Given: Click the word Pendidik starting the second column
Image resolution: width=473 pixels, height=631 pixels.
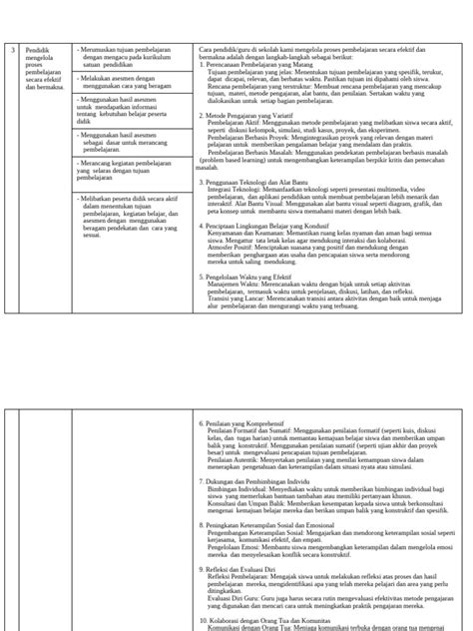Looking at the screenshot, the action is click(x=38, y=49).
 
